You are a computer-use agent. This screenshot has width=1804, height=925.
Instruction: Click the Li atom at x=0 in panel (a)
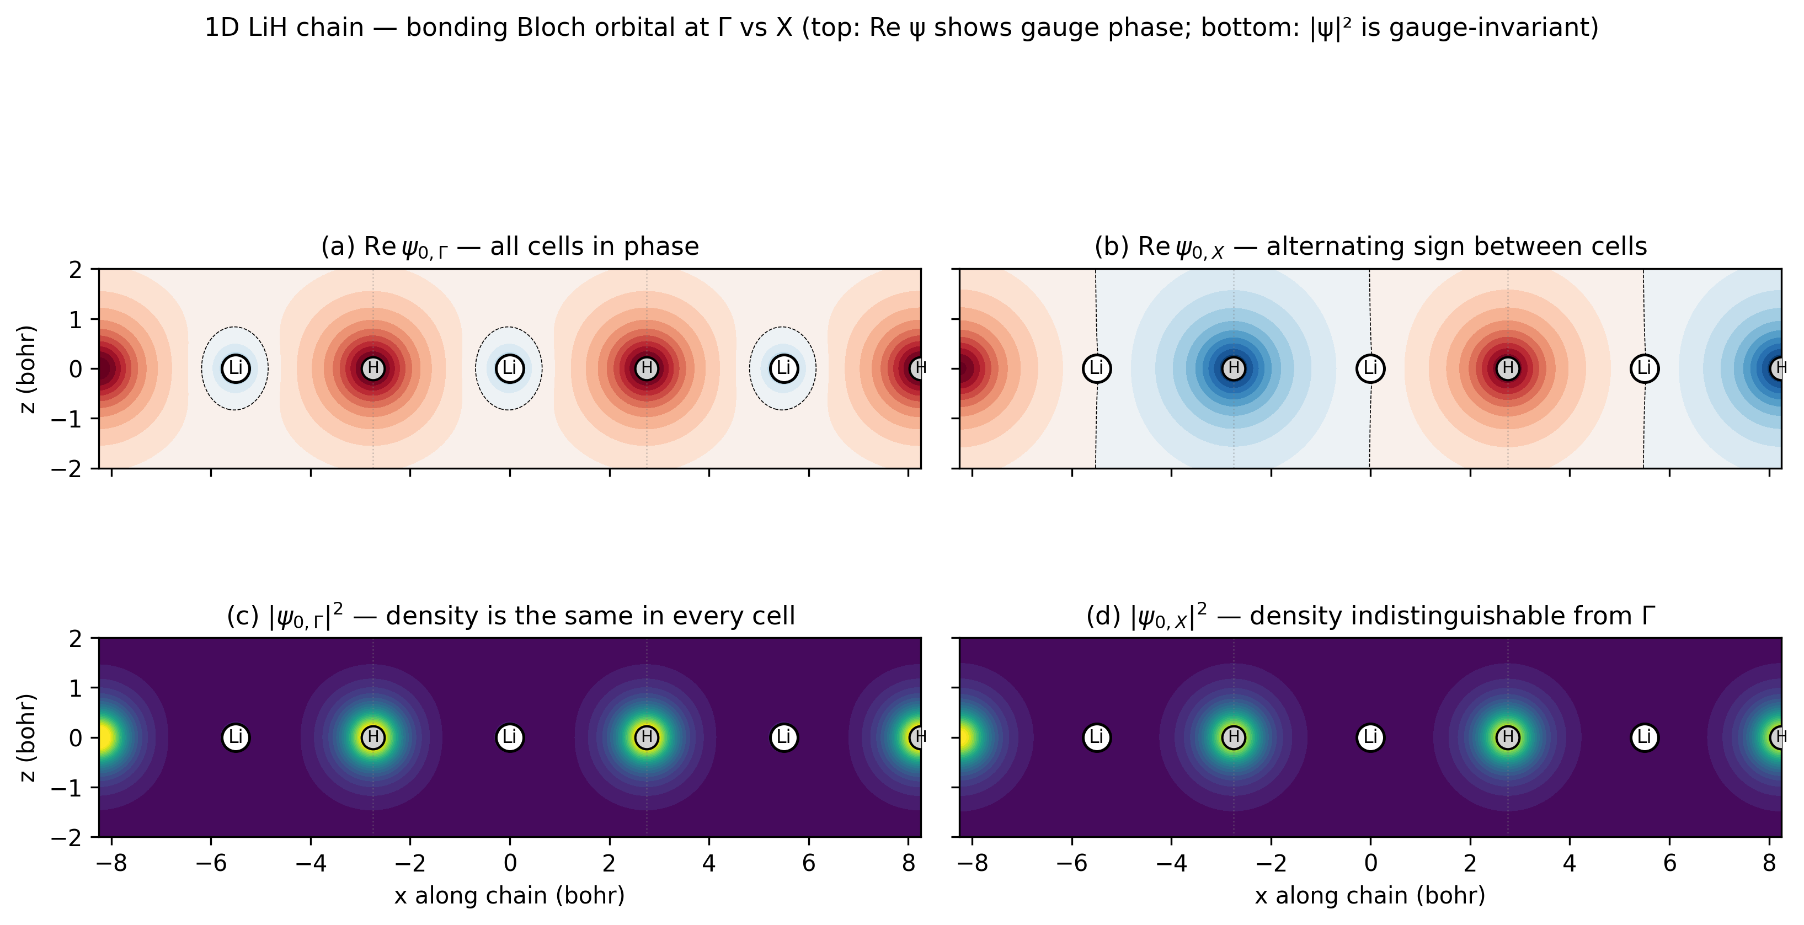[510, 368]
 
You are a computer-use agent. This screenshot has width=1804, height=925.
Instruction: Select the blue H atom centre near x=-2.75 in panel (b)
[1234, 368]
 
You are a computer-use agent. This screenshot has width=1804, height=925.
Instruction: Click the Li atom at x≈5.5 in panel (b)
[1645, 368]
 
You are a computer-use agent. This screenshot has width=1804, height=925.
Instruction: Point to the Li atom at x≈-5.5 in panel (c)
[236, 737]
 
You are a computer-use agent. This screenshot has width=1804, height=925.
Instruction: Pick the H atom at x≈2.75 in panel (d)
[1508, 737]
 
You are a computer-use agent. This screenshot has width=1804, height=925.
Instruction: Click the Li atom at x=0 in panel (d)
[1370, 737]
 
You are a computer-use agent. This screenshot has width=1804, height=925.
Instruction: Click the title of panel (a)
[510, 247]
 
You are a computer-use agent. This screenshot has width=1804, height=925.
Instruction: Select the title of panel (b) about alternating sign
[1370, 247]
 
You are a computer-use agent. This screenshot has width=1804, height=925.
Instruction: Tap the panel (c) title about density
[510, 616]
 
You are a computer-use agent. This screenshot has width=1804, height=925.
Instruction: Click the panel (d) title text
[1370, 616]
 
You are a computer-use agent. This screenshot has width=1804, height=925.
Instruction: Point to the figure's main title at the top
[901, 28]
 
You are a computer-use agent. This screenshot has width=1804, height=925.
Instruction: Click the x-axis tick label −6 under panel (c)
[211, 863]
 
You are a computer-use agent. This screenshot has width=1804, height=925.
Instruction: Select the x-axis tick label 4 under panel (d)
[1570, 863]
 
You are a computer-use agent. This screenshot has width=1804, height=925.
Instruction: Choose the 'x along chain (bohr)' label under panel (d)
[1370, 896]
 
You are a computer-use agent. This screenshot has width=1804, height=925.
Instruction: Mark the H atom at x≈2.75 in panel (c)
[647, 737]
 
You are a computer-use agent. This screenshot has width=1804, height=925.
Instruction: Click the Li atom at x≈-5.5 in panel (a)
[236, 368]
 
